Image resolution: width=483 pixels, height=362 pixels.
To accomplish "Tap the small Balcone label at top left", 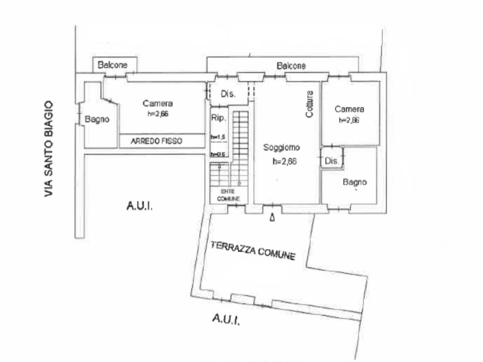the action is (112, 65).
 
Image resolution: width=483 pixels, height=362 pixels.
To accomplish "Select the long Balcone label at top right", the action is (291, 66).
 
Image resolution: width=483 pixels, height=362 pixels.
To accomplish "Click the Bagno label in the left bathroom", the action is (97, 119).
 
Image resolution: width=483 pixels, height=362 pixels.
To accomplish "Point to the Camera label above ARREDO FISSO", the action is (158, 103).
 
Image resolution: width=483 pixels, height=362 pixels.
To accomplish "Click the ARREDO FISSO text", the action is (156, 140).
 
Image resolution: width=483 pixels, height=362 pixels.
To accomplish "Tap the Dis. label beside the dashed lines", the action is (228, 94).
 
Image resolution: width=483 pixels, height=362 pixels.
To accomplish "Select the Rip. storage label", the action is (218, 118).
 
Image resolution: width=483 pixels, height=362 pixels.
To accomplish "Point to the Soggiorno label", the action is (281, 148).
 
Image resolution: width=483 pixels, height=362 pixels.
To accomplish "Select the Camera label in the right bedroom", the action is (350, 109).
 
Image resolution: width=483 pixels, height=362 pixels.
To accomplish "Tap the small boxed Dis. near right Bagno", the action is (332, 161).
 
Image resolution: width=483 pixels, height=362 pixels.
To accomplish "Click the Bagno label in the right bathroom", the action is (355, 182).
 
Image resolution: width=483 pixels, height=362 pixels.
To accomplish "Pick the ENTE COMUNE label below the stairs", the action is (229, 196).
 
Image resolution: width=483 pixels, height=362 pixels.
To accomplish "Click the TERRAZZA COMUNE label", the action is (253, 250).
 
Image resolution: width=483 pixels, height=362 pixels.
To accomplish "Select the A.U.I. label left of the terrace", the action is (140, 206).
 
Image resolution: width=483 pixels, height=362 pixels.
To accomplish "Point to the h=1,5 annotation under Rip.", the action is (218, 137).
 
